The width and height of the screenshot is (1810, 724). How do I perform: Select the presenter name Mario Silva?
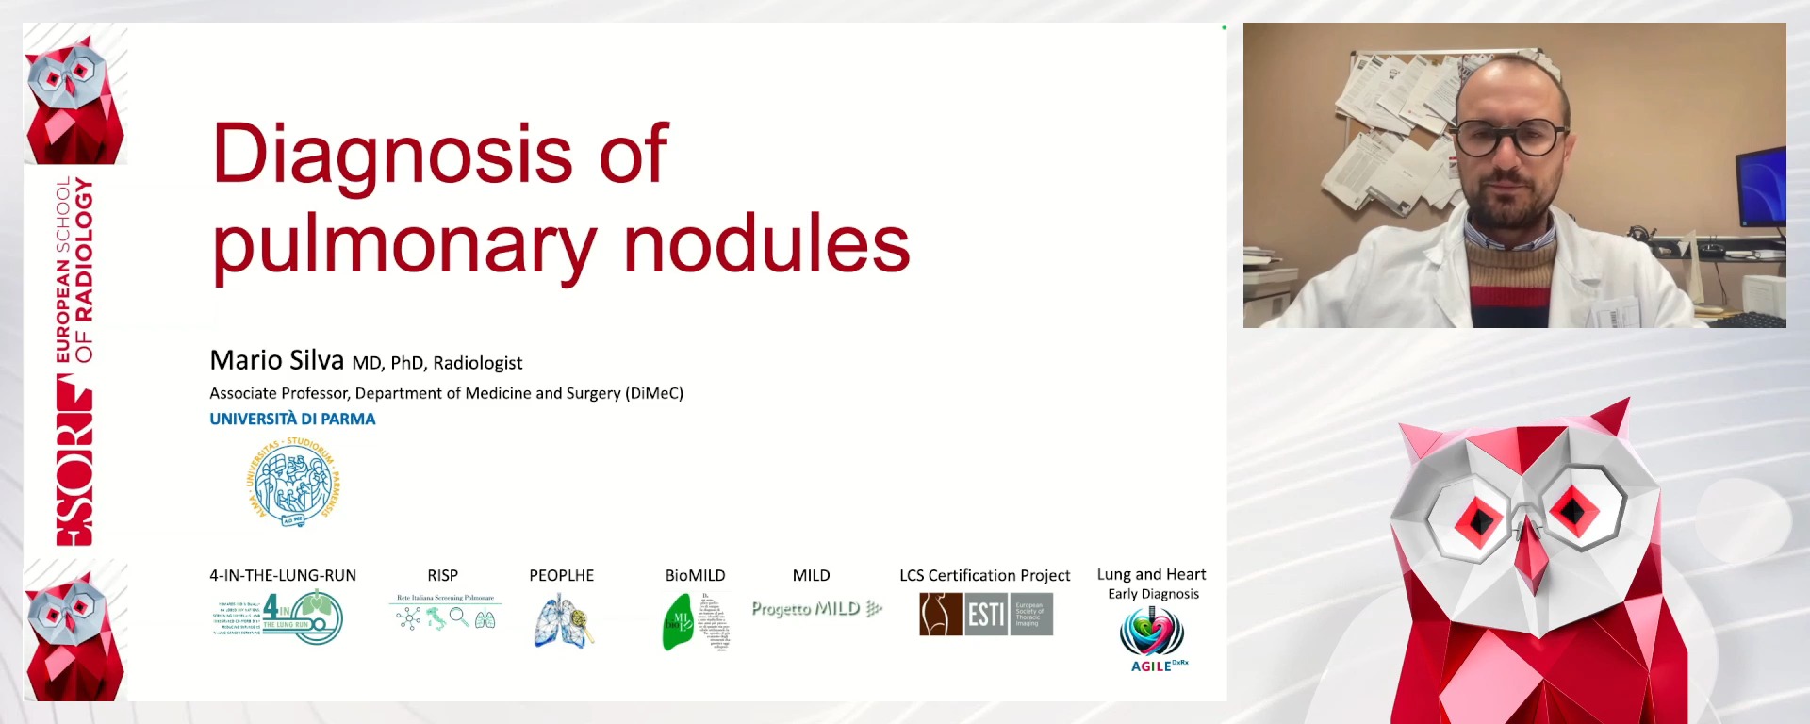(276, 360)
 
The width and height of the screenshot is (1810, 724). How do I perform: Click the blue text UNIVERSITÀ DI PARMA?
(292, 419)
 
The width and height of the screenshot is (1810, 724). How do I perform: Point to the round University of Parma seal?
(293, 483)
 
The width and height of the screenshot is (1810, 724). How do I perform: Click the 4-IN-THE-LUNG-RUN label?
(283, 575)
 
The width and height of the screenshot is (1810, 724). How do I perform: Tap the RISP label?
(442, 575)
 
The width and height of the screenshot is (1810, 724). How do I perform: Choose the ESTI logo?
(986, 615)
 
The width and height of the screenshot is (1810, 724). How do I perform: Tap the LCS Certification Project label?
(984, 575)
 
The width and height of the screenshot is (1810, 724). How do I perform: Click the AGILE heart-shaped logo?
(1152, 632)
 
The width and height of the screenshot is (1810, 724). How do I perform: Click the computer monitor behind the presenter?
(1760, 189)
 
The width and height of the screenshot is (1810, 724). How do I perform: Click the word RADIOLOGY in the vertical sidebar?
(84, 249)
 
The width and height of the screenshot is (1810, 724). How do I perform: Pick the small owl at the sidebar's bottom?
(74, 630)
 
